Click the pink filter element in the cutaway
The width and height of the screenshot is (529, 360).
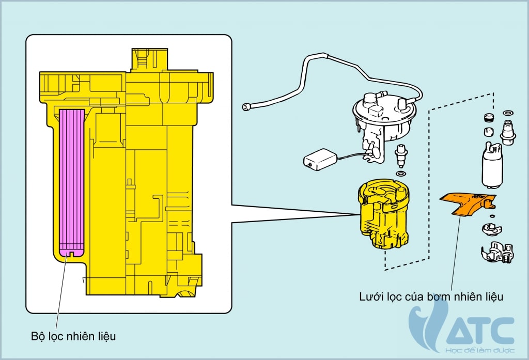[71, 181]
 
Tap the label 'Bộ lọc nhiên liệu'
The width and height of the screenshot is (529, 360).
[73, 336]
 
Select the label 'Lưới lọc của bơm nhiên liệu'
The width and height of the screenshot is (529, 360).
[431, 296]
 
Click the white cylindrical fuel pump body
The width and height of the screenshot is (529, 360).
[492, 165]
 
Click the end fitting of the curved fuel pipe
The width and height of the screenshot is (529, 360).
[247, 106]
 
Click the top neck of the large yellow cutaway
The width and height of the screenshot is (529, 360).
[150, 59]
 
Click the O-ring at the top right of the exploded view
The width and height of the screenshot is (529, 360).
[507, 112]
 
